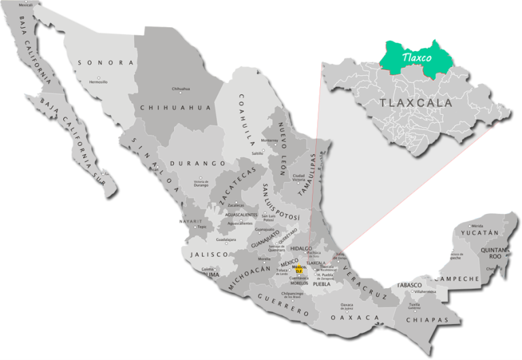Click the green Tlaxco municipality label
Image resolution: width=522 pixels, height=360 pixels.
point(416,58)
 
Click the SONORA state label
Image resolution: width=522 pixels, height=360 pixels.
point(105,62)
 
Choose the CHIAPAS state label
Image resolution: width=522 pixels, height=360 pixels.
point(431,320)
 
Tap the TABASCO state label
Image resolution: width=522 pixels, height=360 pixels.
point(411,285)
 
